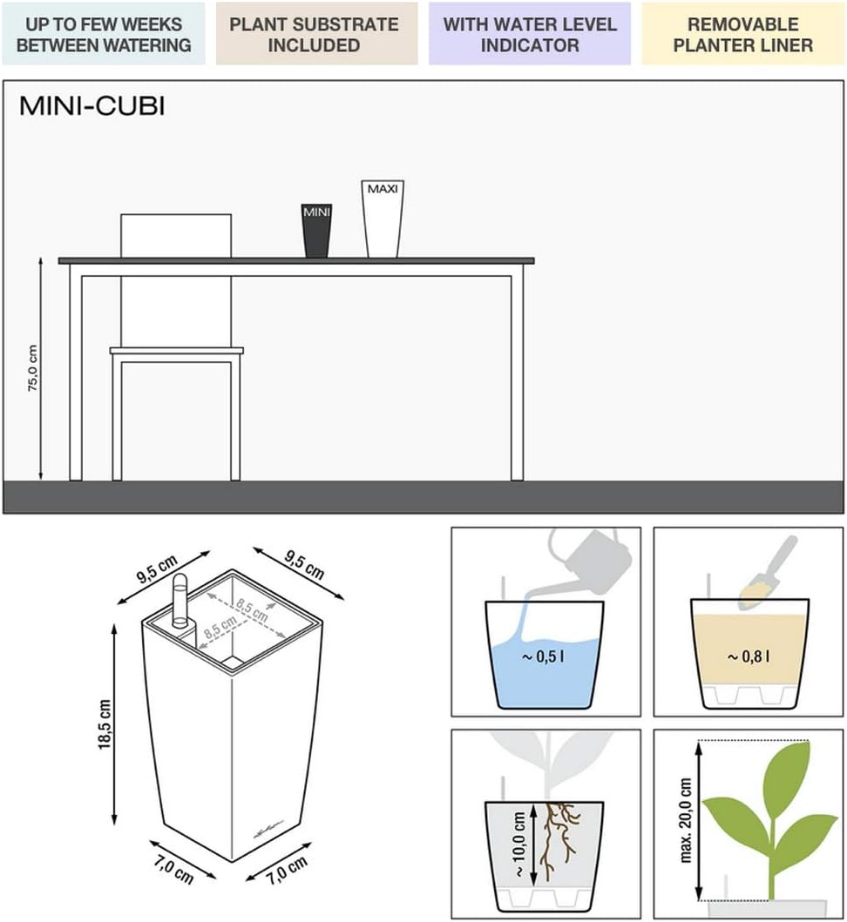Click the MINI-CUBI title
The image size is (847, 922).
tap(91, 106)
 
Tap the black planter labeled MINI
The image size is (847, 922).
tap(316, 231)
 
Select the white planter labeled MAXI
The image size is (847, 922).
tap(383, 219)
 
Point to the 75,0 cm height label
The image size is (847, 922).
tap(32, 368)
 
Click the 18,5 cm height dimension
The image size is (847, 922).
tap(105, 724)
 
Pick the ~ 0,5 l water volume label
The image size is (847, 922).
tap(543, 656)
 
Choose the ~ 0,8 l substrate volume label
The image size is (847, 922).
tap(749, 656)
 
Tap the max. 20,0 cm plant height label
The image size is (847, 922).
tap(685, 820)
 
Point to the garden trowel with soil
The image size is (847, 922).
tap(766, 573)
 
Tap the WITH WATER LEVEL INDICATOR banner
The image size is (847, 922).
tap(530, 33)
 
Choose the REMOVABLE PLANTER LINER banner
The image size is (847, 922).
tap(742, 33)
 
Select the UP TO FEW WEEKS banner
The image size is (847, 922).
tap(104, 33)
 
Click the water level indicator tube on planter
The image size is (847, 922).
tap(180, 601)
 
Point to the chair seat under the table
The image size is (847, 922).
tap(177, 351)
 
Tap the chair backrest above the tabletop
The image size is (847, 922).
tap(176, 235)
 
